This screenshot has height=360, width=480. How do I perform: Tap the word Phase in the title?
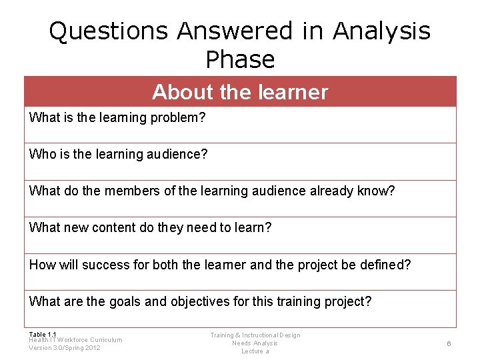click(240, 60)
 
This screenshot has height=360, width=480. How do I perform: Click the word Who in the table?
click(41, 155)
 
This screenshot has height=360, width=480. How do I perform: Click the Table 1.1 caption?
click(43, 334)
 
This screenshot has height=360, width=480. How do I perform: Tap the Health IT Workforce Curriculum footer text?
click(75, 340)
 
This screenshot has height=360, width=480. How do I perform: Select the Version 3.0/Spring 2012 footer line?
click(65, 348)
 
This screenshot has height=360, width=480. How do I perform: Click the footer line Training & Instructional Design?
click(255, 335)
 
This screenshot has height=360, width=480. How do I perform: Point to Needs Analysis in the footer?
click(255, 343)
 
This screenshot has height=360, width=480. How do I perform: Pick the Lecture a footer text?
click(255, 351)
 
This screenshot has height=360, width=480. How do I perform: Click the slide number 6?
click(449, 343)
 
